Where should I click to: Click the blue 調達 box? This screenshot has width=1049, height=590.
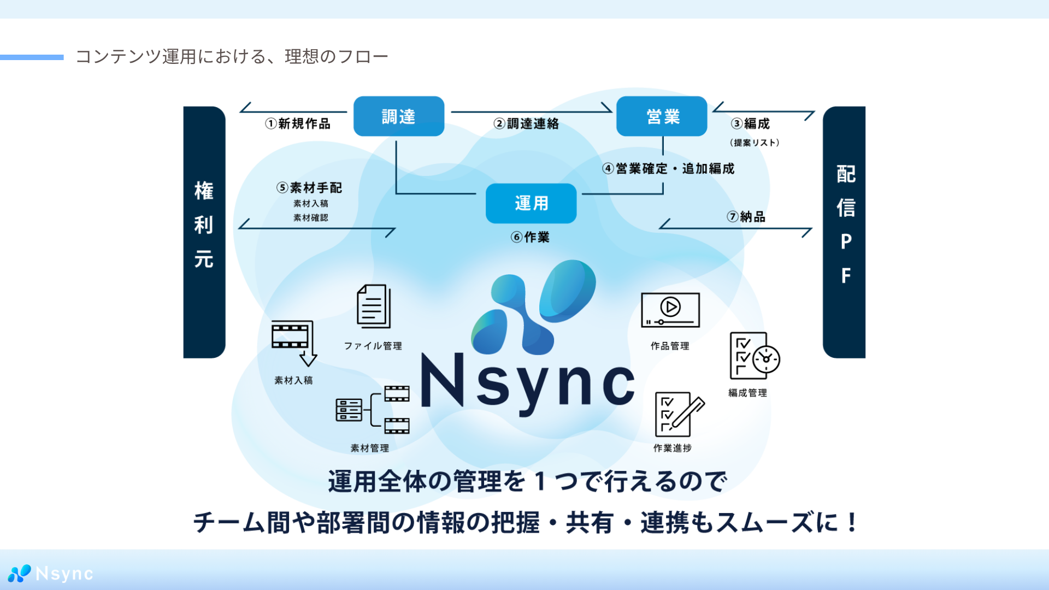pyautogui.click(x=399, y=116)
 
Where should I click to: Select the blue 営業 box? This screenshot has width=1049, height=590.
pyautogui.click(x=662, y=116)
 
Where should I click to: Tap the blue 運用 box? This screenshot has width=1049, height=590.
pyautogui.click(x=531, y=203)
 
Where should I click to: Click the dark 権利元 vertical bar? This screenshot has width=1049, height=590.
pyautogui.click(x=204, y=232)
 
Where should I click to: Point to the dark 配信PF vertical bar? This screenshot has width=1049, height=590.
pyautogui.click(x=844, y=232)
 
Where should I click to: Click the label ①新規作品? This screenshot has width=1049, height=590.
pyautogui.click(x=298, y=124)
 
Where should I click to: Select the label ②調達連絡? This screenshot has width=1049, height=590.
pyautogui.click(x=527, y=124)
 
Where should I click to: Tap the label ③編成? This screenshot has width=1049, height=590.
pyautogui.click(x=751, y=124)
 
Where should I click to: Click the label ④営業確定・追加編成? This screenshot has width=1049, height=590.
pyautogui.click(x=669, y=169)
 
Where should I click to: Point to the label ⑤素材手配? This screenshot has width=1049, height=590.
pyautogui.click(x=310, y=188)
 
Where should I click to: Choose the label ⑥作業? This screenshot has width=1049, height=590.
pyautogui.click(x=531, y=237)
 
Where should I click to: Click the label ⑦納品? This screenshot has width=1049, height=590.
pyautogui.click(x=746, y=217)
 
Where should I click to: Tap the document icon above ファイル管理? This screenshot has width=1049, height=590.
pyautogui.click(x=374, y=306)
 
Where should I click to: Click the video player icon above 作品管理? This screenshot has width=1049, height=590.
pyautogui.click(x=670, y=310)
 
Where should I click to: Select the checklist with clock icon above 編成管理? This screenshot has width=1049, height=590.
pyautogui.click(x=754, y=356)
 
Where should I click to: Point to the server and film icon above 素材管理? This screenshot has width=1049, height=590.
pyautogui.click(x=373, y=410)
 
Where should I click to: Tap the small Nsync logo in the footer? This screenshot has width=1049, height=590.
pyautogui.click(x=51, y=574)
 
